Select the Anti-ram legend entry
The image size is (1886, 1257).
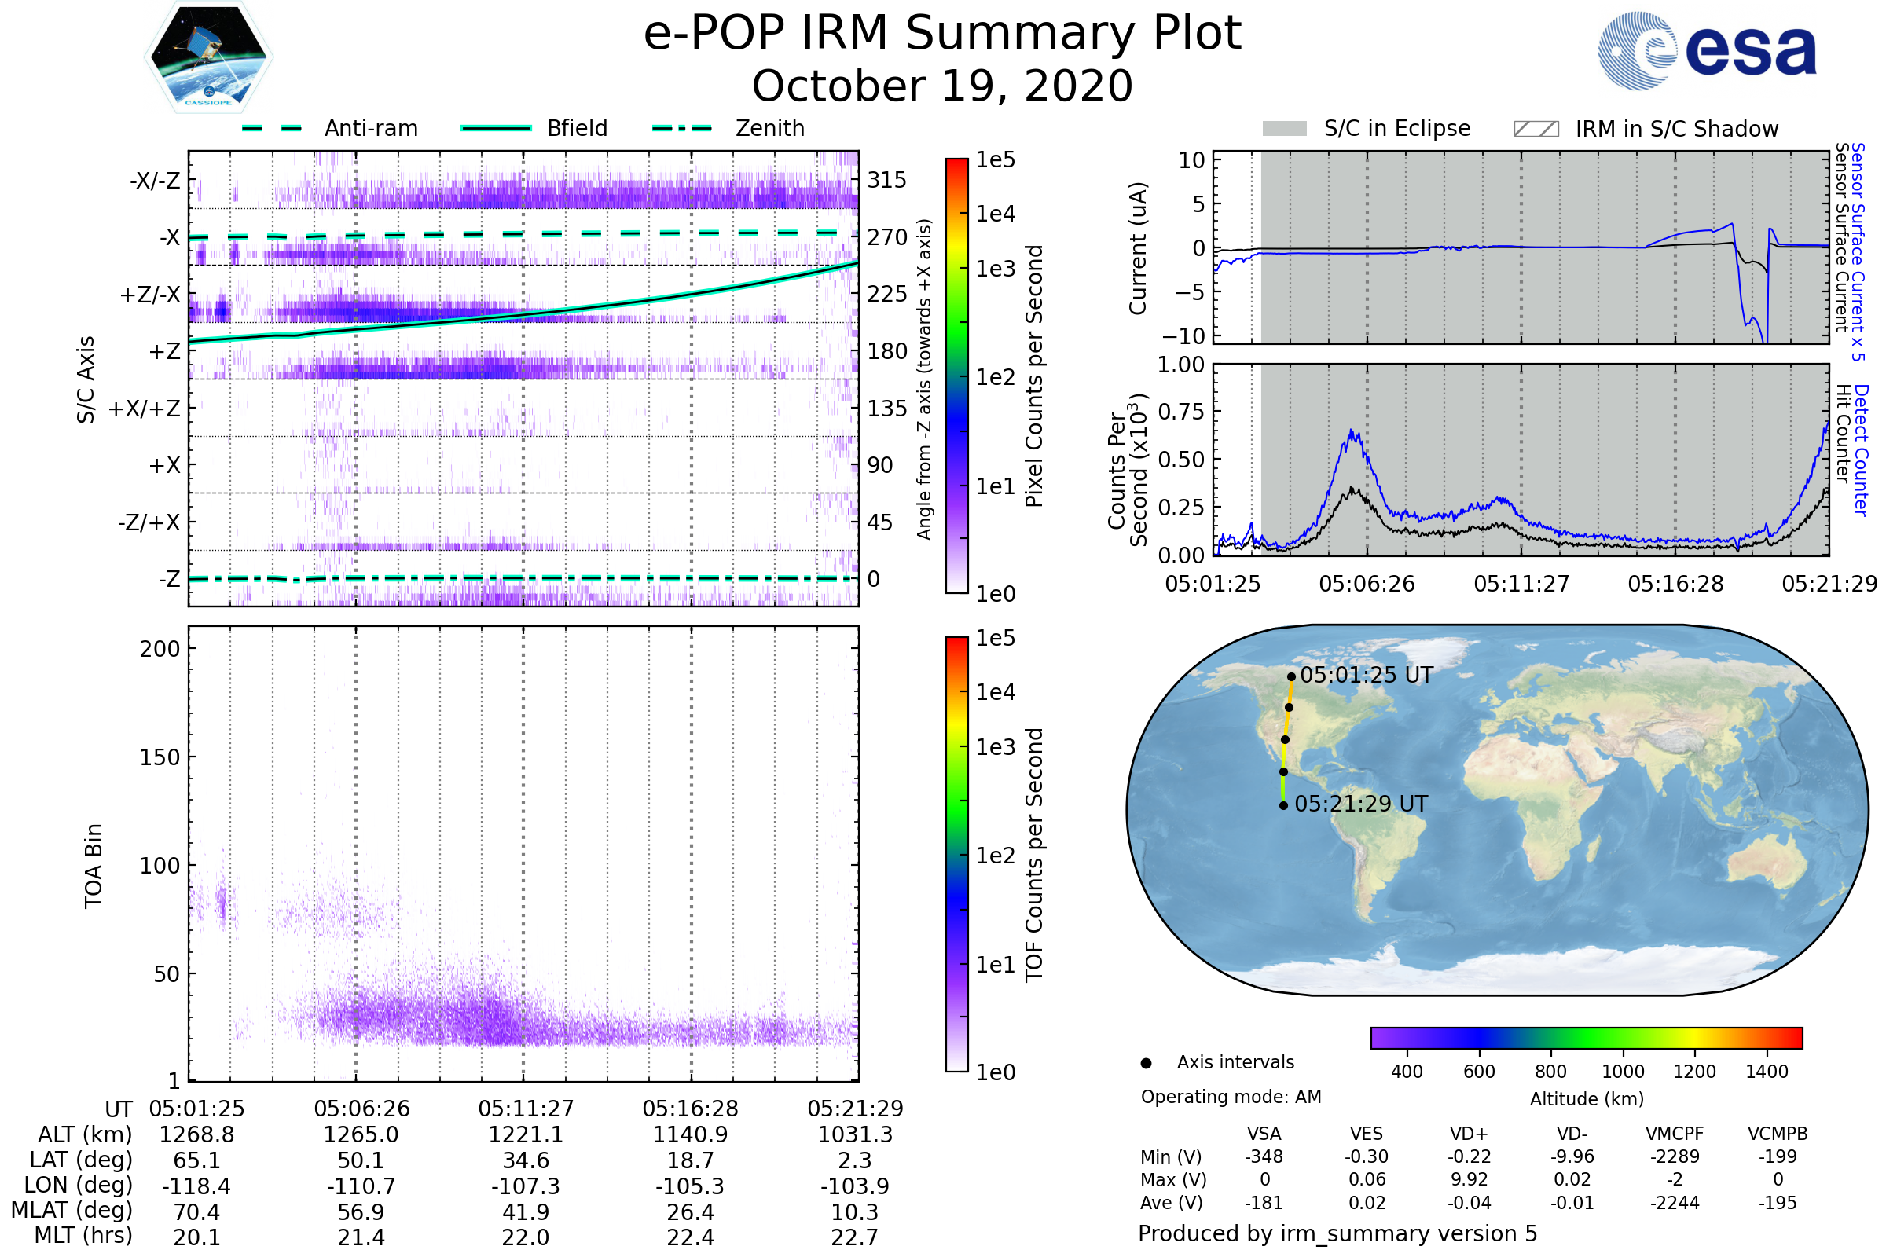point(370,128)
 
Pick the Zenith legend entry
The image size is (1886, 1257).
point(769,128)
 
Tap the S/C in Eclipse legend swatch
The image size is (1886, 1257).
point(1284,129)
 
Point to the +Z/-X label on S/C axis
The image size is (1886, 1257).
point(150,295)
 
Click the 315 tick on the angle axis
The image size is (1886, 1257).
point(886,181)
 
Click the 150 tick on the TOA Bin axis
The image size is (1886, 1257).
point(160,757)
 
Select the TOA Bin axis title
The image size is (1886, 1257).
point(94,866)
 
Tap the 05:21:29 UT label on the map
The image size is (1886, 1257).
point(1361,804)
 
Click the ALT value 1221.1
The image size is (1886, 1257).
point(525,1135)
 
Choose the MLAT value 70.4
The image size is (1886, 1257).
point(196,1212)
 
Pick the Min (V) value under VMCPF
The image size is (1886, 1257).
point(1675,1156)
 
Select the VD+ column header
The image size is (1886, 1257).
point(1468,1134)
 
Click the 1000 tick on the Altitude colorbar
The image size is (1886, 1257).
point(1622,1072)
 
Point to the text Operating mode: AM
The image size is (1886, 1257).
point(1231,1097)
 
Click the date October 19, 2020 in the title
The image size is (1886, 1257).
point(942,86)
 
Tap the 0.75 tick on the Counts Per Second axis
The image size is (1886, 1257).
point(1181,412)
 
